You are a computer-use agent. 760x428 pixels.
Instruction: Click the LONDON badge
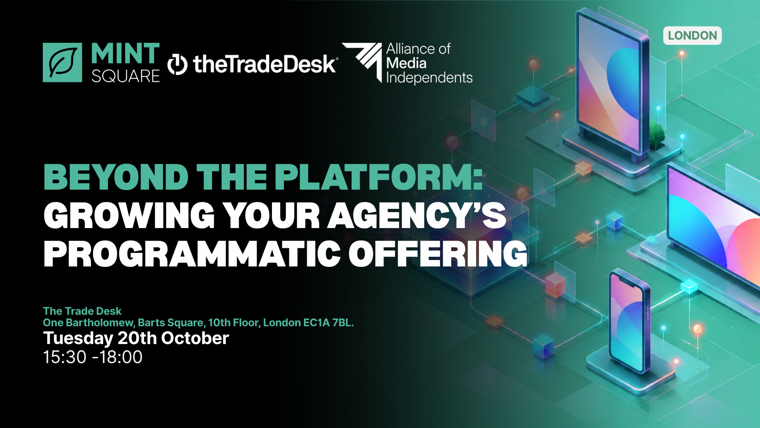(692, 36)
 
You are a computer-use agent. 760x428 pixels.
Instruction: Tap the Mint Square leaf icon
(63, 63)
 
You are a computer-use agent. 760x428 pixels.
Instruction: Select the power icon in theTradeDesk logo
(177, 64)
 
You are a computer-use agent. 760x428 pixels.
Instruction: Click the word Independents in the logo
(429, 78)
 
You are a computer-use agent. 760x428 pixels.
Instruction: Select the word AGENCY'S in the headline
(417, 215)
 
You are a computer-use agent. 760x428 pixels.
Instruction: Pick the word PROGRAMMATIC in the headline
(192, 254)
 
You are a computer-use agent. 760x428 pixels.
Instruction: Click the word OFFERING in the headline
(438, 254)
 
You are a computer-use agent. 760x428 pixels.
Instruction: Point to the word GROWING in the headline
(129, 215)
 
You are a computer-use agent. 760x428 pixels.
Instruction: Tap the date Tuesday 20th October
(136, 338)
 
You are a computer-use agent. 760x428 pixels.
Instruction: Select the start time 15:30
(65, 357)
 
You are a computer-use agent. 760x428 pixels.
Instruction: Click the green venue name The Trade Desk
(82, 311)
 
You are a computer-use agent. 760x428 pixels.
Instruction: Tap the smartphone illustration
(629, 321)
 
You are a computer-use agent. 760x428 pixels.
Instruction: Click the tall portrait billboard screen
(612, 81)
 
